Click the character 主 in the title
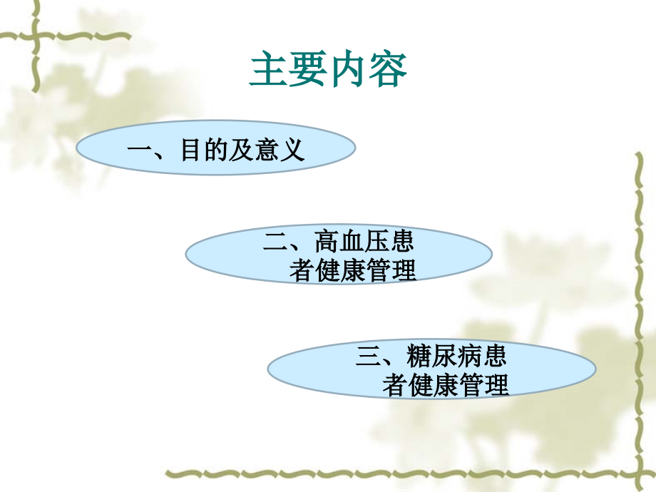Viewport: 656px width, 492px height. pyautogui.click(x=269, y=71)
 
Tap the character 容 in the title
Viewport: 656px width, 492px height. pyautogui.click(x=387, y=71)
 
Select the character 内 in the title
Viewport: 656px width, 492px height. pyautogui.click(x=347, y=71)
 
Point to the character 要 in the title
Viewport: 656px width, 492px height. pyautogui.click(x=308, y=71)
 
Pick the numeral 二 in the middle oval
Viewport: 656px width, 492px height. pyautogui.click(x=275, y=242)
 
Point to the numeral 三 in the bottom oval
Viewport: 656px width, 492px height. pyautogui.click(x=368, y=356)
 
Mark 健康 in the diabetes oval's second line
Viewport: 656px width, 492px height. pyautogui.click(x=432, y=385)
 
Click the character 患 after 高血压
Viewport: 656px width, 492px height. pyautogui.click(x=401, y=242)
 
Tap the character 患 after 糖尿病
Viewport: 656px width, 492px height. pyautogui.click(x=495, y=356)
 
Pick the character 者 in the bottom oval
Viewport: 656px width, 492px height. pyautogui.click(x=394, y=385)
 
